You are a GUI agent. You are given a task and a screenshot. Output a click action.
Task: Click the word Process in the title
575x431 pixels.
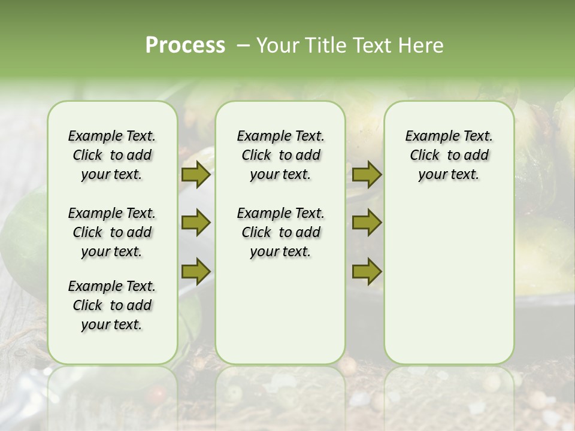point(185,45)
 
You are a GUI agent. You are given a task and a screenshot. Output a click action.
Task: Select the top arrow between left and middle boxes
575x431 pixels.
point(196,175)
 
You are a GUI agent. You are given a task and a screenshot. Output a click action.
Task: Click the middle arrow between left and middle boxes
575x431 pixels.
point(196,223)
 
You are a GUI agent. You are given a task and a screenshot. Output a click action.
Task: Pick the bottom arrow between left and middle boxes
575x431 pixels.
point(196,271)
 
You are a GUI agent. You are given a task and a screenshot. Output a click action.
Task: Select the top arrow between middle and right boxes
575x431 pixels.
point(367,175)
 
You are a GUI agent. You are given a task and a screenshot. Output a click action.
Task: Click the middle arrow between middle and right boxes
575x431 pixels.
point(367,223)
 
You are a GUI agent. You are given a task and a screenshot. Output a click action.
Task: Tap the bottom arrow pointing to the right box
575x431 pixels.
point(367,271)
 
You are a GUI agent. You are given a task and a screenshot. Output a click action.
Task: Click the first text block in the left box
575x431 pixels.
point(112,155)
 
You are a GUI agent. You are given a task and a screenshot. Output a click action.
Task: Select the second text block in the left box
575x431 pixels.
point(112,232)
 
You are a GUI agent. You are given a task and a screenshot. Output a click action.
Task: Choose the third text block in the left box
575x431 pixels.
point(112,305)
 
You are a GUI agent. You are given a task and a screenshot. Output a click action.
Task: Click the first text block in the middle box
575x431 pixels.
point(280,155)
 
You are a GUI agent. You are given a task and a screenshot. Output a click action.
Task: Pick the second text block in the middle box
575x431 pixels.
point(280,232)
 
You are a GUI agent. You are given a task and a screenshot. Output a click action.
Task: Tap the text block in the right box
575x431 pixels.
point(449,155)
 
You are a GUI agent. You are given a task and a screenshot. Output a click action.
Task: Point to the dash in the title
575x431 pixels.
point(243,45)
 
